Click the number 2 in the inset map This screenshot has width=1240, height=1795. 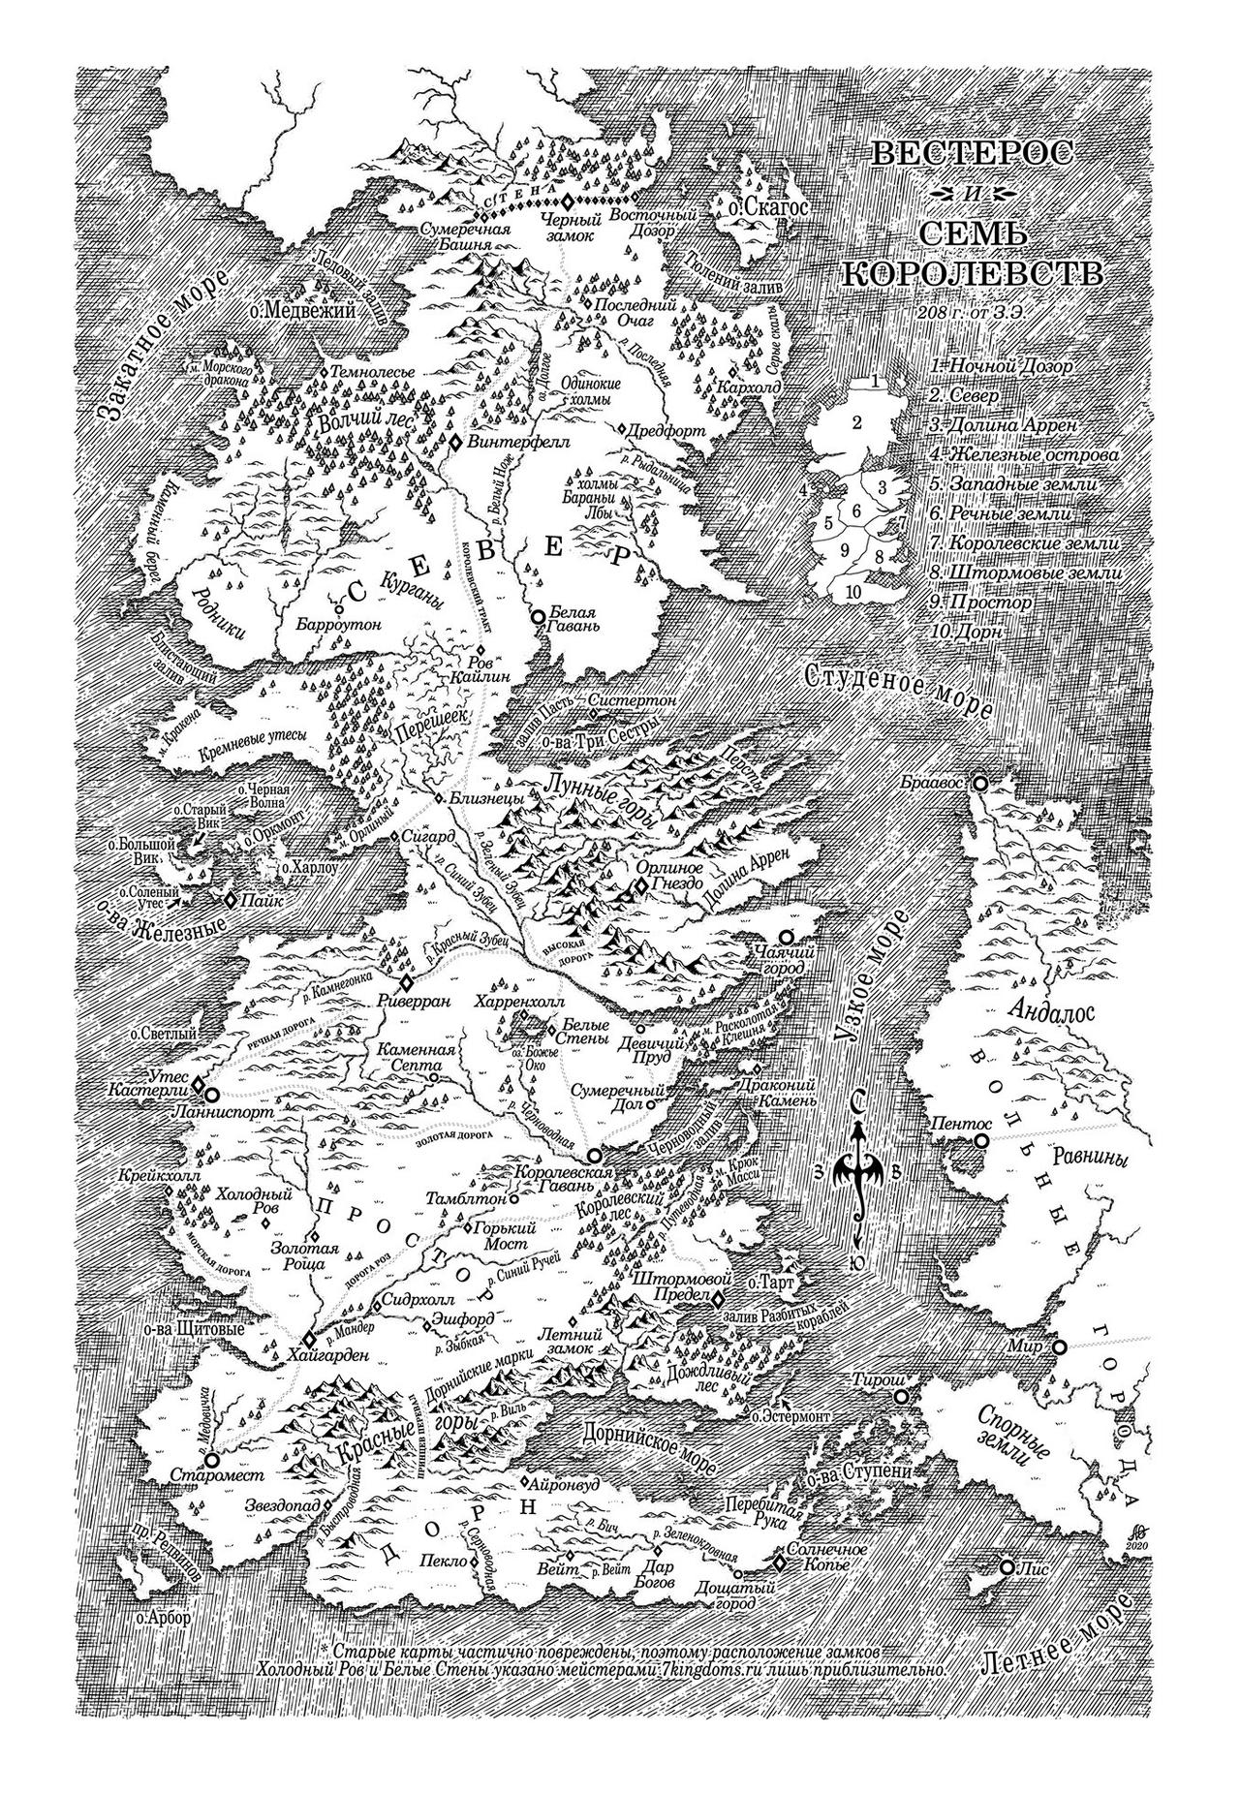pos(856,422)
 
